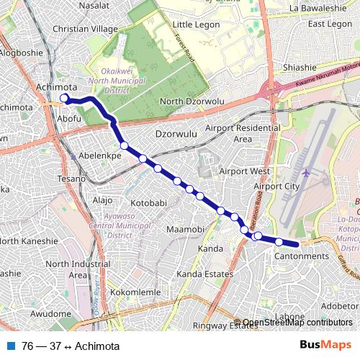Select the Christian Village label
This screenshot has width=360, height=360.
click(x=85, y=29)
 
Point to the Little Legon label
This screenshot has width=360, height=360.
click(x=195, y=24)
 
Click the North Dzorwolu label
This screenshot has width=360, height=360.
click(x=192, y=102)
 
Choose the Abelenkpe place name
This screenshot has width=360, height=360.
click(x=99, y=155)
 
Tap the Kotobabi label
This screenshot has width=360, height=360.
click(x=148, y=203)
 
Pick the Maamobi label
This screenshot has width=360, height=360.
click(x=186, y=229)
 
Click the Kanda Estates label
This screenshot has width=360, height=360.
click(x=205, y=274)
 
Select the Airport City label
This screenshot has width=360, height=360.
click(x=276, y=186)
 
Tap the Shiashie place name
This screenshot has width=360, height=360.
click(x=300, y=67)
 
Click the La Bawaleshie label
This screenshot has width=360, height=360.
click(x=318, y=8)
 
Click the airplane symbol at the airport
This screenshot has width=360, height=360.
click(x=307, y=173)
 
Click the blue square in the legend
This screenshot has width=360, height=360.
click(x=11, y=346)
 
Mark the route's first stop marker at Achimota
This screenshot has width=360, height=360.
click(x=64, y=98)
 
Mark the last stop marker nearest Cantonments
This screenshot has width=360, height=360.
click(x=279, y=242)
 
